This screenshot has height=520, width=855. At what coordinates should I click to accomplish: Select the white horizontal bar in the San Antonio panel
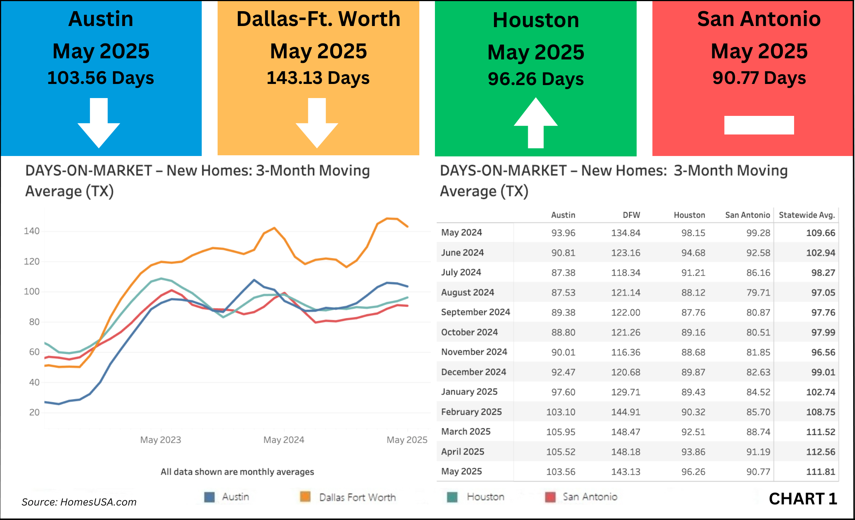click(x=759, y=125)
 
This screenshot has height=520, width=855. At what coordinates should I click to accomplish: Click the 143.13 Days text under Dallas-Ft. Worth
click(x=318, y=78)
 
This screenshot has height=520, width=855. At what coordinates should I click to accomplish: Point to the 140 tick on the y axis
click(x=32, y=231)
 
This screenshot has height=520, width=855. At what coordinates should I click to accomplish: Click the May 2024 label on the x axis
click(x=284, y=440)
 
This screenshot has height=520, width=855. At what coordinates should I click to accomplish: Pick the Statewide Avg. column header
click(x=807, y=215)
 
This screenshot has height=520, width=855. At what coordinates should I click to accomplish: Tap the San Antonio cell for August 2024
click(x=758, y=293)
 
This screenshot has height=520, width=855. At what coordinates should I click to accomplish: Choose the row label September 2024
click(x=475, y=312)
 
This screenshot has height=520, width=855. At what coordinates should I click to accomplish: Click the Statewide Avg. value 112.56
click(x=820, y=452)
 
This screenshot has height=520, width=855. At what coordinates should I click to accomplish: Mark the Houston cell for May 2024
click(x=693, y=233)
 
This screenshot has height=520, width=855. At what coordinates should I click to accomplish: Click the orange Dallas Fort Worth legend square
click(x=305, y=497)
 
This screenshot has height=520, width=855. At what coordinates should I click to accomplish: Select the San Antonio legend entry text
click(x=590, y=497)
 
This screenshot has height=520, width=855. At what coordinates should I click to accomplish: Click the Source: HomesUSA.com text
click(x=79, y=502)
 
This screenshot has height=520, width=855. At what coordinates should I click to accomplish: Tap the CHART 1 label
click(x=803, y=499)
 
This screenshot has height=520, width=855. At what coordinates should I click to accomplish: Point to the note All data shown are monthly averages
click(x=237, y=472)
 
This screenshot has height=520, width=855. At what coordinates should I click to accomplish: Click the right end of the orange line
click(x=408, y=226)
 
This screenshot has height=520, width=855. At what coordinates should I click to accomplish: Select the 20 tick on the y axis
click(x=34, y=412)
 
